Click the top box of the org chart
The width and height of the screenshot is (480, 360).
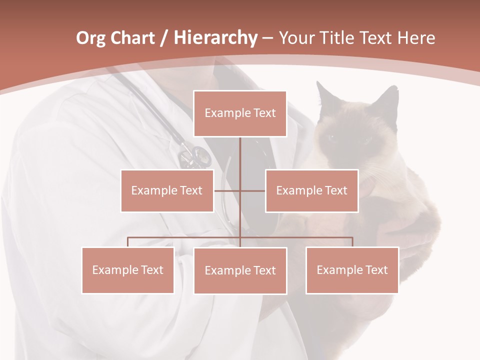[x=240, y=113]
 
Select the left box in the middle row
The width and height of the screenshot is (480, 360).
[x=167, y=190]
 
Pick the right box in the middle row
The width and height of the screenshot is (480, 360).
[x=312, y=190]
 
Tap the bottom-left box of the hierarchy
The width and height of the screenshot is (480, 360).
[x=128, y=270]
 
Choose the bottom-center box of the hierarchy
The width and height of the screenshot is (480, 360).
[x=240, y=270]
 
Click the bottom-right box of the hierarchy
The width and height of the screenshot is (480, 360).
[x=352, y=270]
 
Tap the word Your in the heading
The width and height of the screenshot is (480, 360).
[x=296, y=38]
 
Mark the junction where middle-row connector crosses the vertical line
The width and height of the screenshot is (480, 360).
[x=240, y=190]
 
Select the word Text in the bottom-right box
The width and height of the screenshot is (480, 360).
[x=376, y=270]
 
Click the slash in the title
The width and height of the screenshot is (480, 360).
[x=164, y=38]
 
